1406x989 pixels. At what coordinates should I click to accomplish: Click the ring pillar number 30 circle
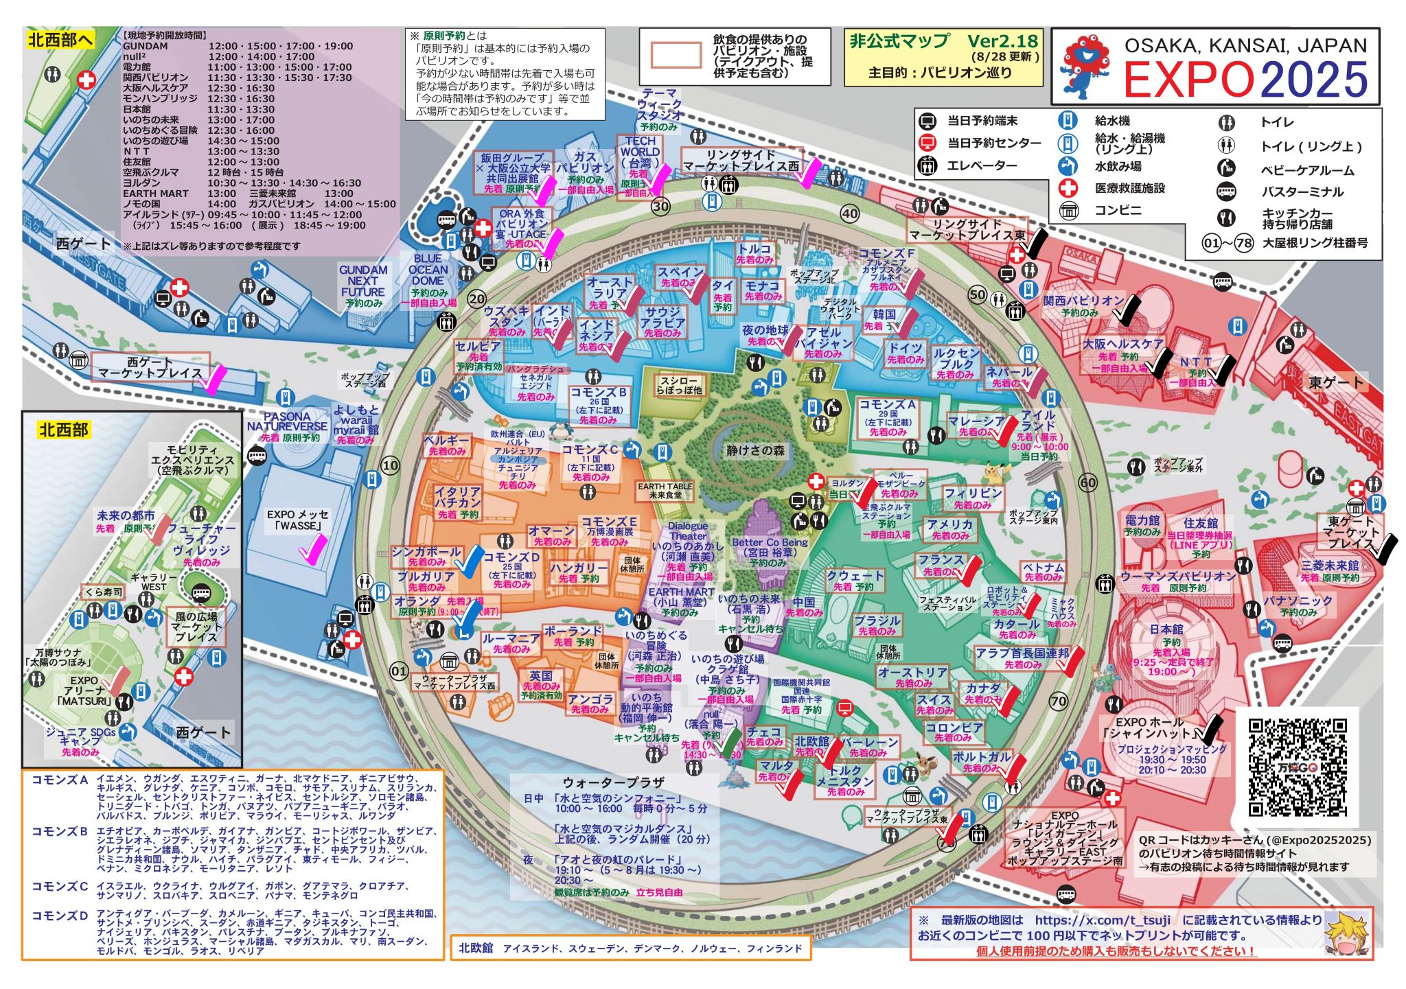point(660,206)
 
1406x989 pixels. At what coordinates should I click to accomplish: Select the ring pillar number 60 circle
point(1088,482)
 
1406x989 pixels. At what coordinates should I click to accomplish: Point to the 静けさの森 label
point(755,451)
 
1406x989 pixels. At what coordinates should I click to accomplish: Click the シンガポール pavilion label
point(426,552)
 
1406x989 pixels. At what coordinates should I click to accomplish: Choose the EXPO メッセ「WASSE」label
point(297,520)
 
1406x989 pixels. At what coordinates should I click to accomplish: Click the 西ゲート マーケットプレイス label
point(150,367)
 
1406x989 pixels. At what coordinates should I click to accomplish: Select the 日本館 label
point(1166,629)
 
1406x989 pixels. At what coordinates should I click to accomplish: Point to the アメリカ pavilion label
point(950,524)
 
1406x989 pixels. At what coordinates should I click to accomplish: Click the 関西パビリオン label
point(1083,301)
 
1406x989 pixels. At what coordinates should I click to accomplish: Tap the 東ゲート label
point(1335,382)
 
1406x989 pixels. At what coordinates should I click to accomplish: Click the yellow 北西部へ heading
point(60,40)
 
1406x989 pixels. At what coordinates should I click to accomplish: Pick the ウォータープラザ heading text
point(613,782)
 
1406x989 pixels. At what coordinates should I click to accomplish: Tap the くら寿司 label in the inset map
point(103,592)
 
